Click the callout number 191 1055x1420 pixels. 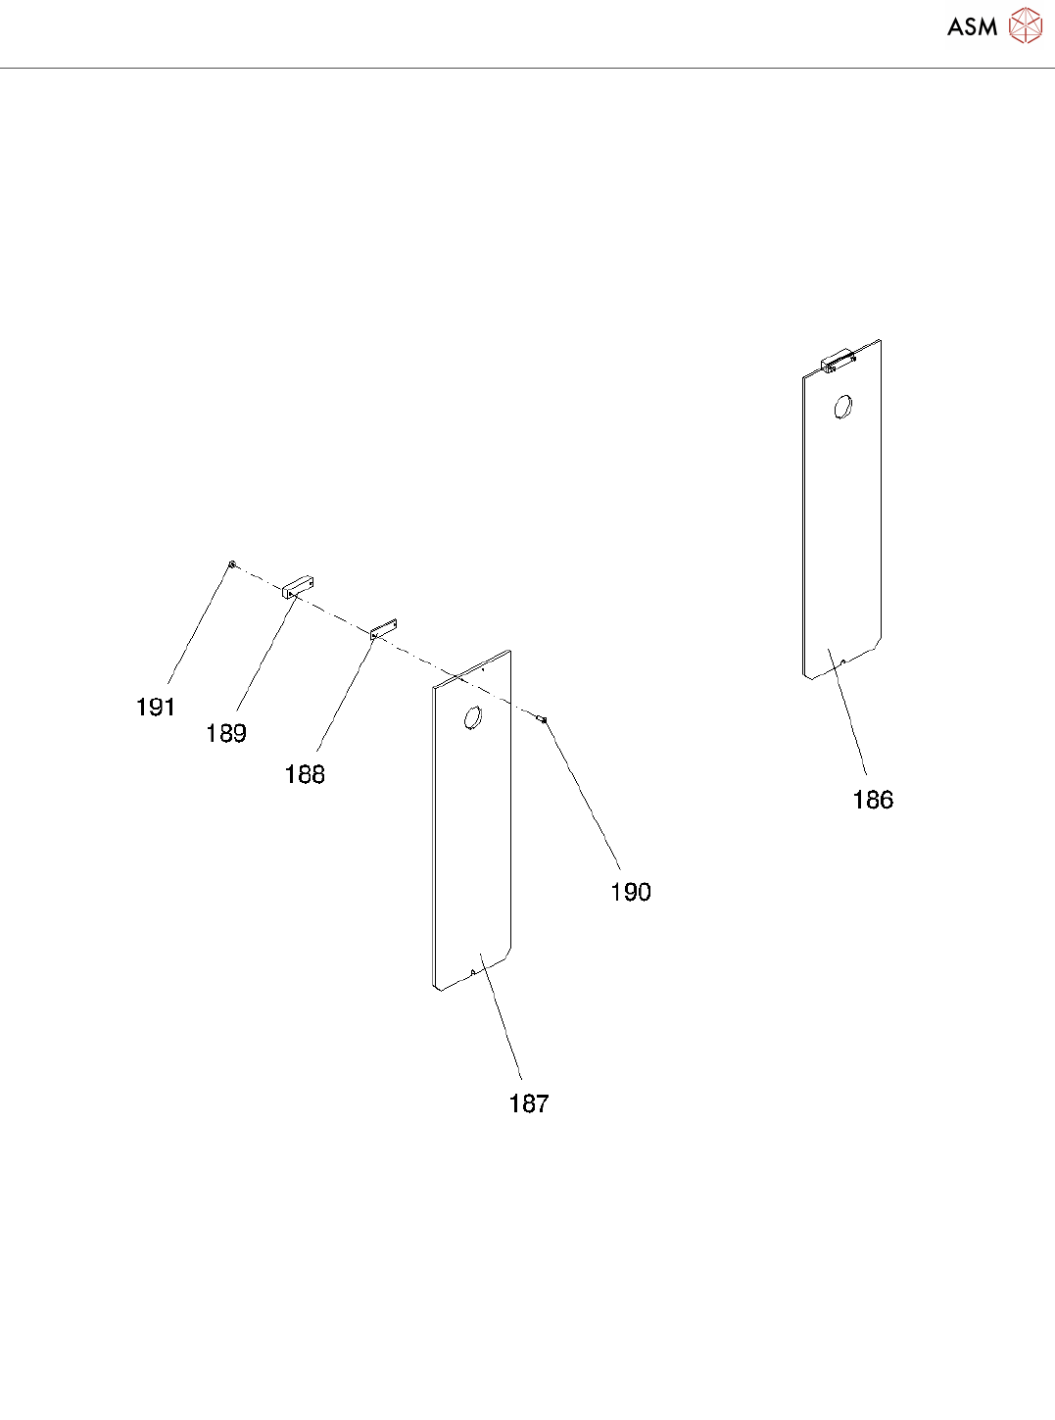pyautogui.click(x=155, y=708)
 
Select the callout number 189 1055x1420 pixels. pyautogui.click(x=225, y=733)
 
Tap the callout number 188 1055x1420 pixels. pyautogui.click(x=304, y=774)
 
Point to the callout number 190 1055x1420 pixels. pyautogui.click(x=630, y=892)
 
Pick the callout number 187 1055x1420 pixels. pyautogui.click(x=528, y=1103)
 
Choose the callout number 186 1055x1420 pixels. pyautogui.click(x=872, y=800)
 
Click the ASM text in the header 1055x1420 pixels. pyautogui.click(x=972, y=27)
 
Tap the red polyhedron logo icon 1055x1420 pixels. pyautogui.click(x=1025, y=26)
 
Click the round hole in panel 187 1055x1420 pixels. pyautogui.click(x=471, y=718)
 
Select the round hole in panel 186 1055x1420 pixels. pyautogui.click(x=841, y=407)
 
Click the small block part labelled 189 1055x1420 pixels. pyautogui.click(x=299, y=587)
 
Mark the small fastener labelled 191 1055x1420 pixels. pyautogui.click(x=232, y=564)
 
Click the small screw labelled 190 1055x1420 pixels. pyautogui.click(x=543, y=719)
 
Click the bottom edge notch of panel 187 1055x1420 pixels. pyautogui.click(x=473, y=973)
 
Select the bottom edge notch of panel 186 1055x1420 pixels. pyautogui.click(x=843, y=662)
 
